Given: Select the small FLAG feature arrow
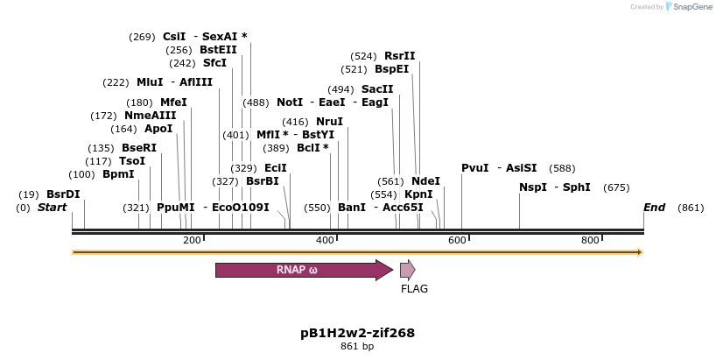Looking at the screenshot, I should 407,270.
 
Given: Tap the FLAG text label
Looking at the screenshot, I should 414,288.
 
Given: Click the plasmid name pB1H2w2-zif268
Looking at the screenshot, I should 357,333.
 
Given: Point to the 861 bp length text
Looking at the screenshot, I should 357,347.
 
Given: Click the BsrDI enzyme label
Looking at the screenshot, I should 63,194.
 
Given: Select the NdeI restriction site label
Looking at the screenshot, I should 425,181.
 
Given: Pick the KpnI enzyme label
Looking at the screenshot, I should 418,194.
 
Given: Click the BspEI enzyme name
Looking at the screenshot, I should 391,68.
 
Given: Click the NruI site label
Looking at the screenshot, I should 329,122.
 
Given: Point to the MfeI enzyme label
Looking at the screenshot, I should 173,102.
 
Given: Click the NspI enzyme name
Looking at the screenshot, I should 532,187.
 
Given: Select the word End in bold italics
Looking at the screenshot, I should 654,208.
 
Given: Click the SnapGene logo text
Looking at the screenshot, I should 691,7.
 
